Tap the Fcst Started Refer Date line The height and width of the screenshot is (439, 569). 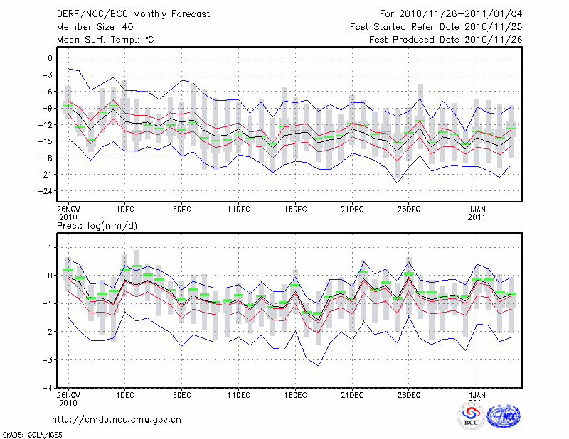tap(436, 27)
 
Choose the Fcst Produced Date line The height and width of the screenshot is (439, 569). tap(445, 40)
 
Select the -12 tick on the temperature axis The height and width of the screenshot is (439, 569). tap(46, 124)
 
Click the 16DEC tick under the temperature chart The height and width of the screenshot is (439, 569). tap(295, 209)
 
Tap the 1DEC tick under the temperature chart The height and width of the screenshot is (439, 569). tap(124, 209)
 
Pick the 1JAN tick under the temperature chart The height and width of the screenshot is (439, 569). tap(477, 209)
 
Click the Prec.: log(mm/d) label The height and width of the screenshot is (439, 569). tap(96, 226)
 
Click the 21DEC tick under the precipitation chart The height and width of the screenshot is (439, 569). tap(352, 395)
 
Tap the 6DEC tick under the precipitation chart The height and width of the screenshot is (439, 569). tap(181, 395)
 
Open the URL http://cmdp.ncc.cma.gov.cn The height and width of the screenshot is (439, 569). tap(117, 419)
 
